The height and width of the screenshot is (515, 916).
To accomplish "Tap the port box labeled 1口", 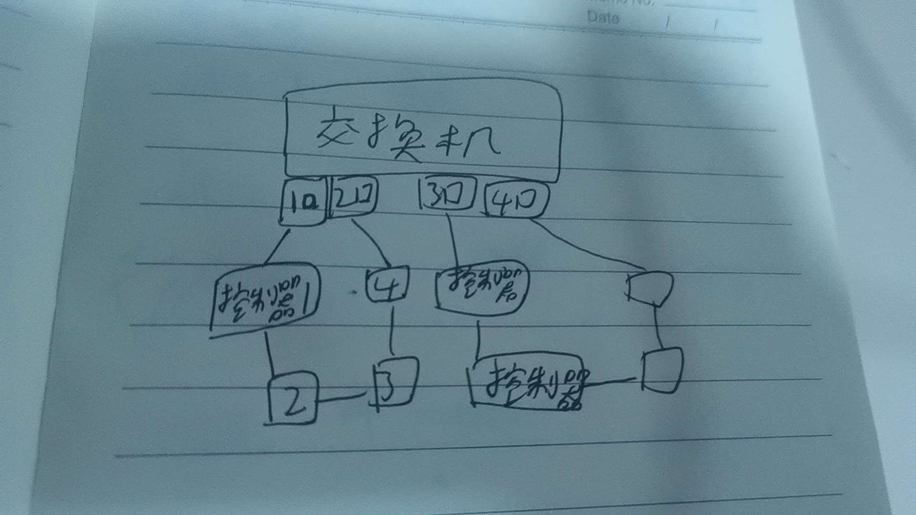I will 303,203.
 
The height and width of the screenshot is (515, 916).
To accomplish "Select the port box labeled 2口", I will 353,196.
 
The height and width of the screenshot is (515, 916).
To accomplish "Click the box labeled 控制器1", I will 265,298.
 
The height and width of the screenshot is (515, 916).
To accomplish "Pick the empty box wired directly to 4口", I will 650,287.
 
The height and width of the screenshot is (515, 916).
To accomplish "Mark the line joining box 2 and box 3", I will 340,397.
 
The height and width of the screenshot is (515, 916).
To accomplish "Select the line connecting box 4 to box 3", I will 392,331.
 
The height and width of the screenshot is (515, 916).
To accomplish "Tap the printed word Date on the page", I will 603,18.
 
